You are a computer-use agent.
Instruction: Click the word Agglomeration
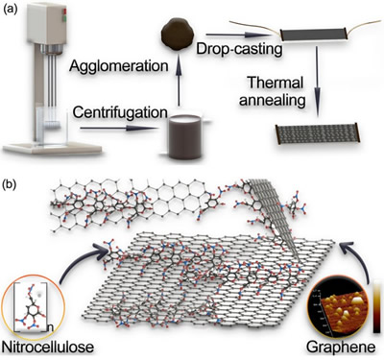[x=119, y=66]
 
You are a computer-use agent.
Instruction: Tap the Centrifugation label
[x=120, y=112]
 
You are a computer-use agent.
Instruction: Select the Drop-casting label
[x=239, y=49]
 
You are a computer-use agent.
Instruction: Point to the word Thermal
[x=276, y=83]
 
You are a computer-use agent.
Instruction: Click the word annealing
[x=273, y=101]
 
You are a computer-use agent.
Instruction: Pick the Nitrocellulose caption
[x=48, y=347]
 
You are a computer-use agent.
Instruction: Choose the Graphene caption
[x=341, y=347]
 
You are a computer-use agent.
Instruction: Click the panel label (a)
[x=10, y=9]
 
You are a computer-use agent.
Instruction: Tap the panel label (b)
[x=10, y=185]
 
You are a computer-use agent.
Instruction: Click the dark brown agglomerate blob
[x=178, y=35]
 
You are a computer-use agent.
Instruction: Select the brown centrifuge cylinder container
[x=185, y=136]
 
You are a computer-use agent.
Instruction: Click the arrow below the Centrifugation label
[x=120, y=129]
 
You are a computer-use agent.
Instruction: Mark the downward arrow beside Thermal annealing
[x=317, y=82]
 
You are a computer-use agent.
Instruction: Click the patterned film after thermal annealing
[x=318, y=134]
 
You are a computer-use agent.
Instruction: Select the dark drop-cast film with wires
[x=314, y=35]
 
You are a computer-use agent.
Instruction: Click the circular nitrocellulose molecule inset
[x=33, y=307]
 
